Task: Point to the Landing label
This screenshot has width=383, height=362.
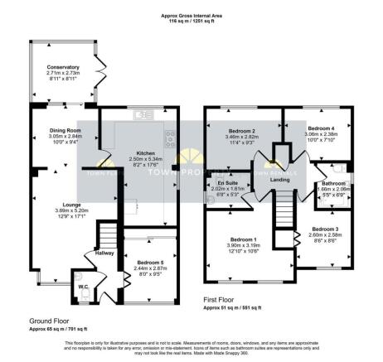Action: pos(279,180)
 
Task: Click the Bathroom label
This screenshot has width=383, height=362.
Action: pos(333,184)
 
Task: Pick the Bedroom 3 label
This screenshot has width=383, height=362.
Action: pos(326,228)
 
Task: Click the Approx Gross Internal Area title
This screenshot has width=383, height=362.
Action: pos(190,15)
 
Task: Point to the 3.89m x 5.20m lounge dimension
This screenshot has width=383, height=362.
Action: pos(61,210)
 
